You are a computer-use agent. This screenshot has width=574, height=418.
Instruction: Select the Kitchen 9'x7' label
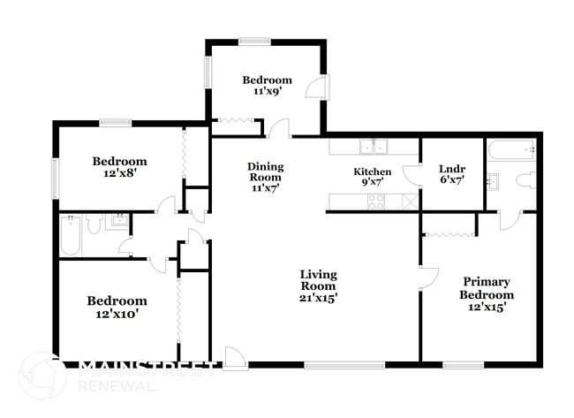tap(373, 177)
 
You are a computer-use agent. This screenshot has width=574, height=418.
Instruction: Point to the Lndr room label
tap(452, 169)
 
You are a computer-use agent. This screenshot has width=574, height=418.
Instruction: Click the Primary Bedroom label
tap(487, 288)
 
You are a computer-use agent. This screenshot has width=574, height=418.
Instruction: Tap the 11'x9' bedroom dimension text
tap(267, 91)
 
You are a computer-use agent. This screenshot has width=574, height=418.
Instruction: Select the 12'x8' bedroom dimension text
tap(120, 173)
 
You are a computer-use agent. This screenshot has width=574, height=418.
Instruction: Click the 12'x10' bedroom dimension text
tap(117, 314)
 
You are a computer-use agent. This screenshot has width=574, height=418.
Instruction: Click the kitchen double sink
tap(374, 148)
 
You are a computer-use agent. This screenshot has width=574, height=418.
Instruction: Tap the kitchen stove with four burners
tap(376, 201)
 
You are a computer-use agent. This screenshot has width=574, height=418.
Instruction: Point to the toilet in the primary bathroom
tap(526, 180)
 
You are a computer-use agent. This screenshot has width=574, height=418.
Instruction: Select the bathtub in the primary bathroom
tap(512, 149)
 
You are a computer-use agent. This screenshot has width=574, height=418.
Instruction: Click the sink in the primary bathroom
tap(493, 181)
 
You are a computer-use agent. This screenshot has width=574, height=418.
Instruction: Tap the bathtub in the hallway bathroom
tap(70, 236)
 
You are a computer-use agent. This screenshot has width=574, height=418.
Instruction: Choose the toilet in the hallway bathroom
tap(94, 223)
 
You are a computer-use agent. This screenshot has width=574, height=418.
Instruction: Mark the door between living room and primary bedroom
tap(429, 278)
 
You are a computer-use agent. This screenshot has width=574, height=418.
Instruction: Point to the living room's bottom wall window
tap(344, 365)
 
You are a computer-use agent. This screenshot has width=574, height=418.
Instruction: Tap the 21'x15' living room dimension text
tap(318, 298)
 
